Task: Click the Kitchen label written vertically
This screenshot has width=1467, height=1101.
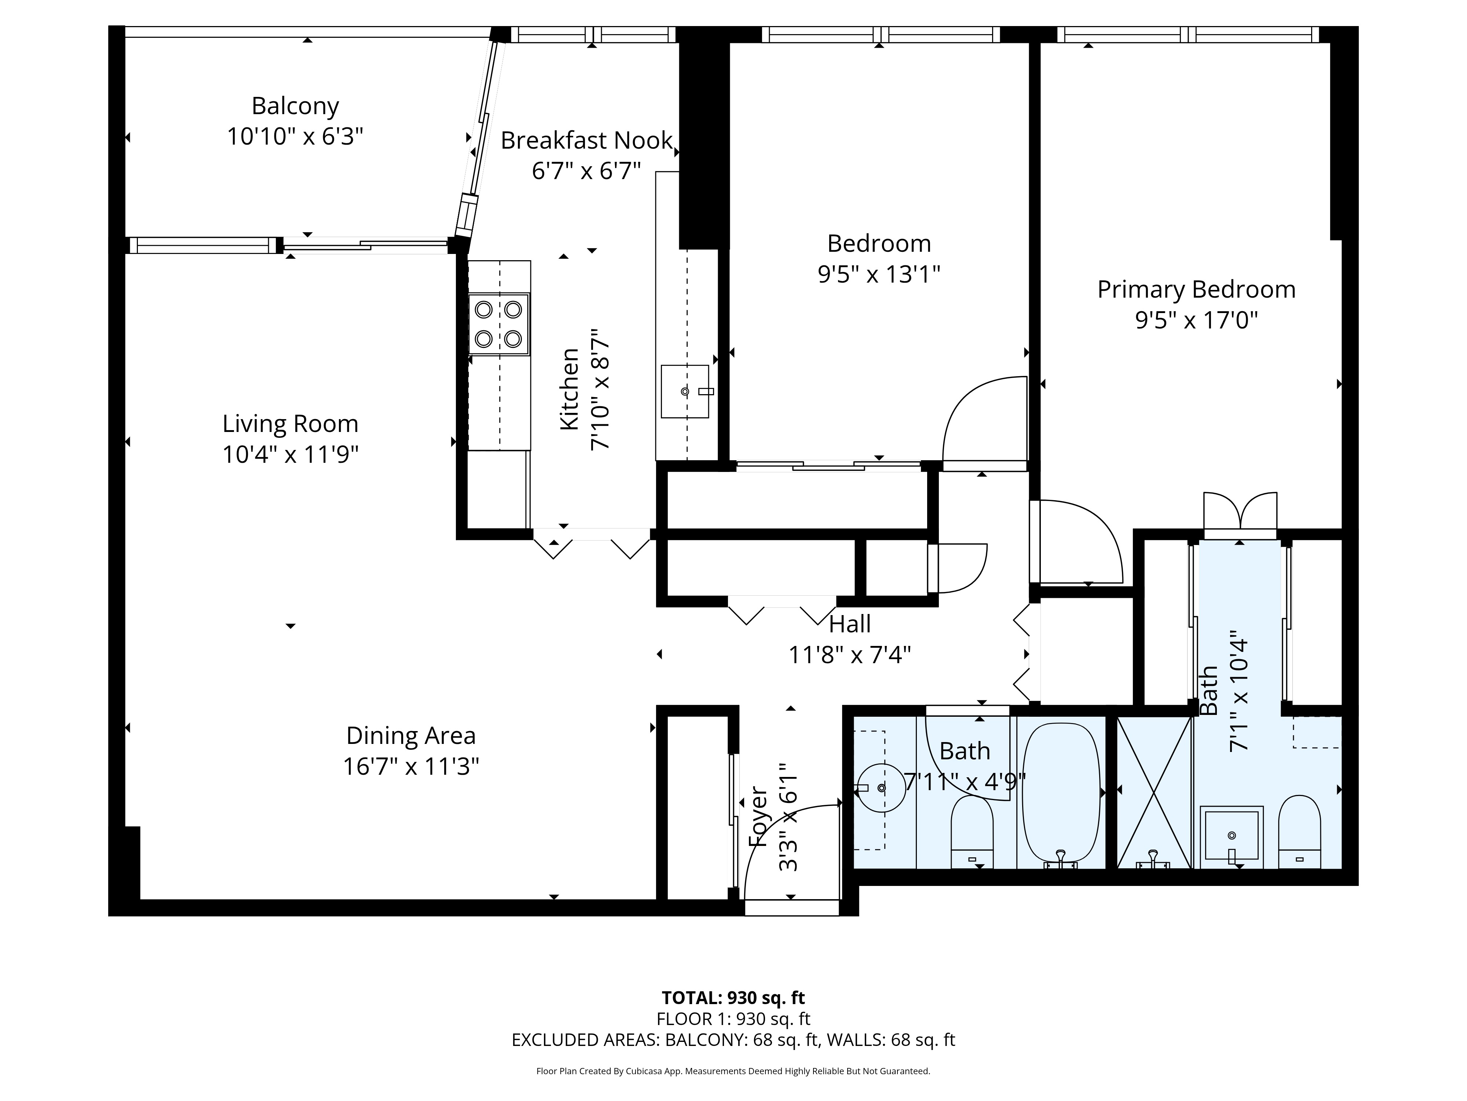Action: coord(570,389)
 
